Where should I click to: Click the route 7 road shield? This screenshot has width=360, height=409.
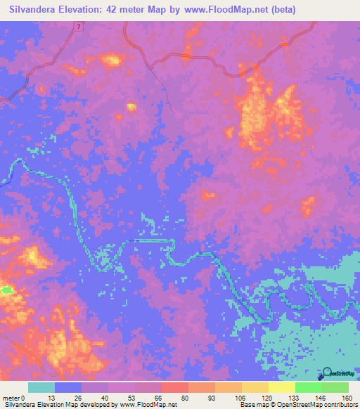click(79, 26)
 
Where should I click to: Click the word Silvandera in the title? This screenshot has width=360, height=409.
click(34, 10)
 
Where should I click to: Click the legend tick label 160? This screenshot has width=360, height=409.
click(347, 397)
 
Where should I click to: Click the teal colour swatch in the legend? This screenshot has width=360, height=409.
click(41, 387)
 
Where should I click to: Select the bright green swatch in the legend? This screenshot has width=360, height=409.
click(308, 387)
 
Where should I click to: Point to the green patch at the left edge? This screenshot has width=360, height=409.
click(6, 289)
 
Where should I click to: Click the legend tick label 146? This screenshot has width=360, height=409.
click(320, 397)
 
